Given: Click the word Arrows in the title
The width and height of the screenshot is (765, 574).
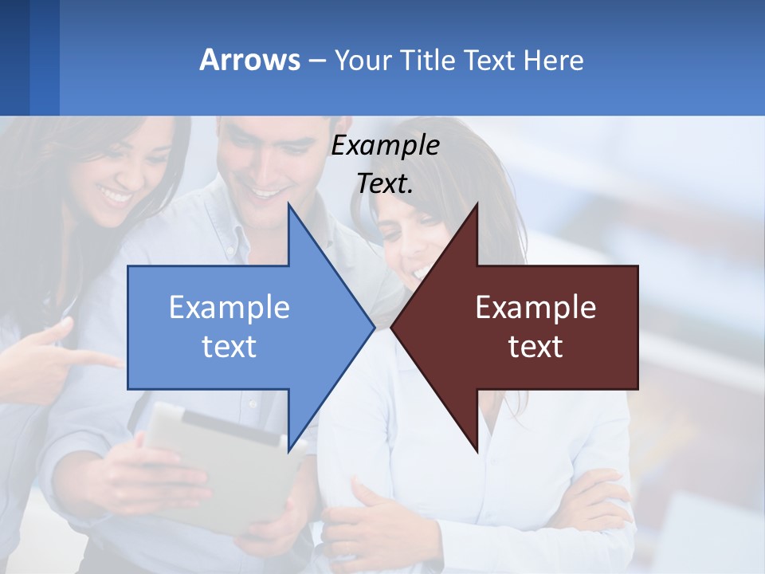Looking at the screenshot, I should (x=250, y=60).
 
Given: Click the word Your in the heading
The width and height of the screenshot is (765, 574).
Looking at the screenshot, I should (x=363, y=61).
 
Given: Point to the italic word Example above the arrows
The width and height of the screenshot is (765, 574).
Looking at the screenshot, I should (x=385, y=146).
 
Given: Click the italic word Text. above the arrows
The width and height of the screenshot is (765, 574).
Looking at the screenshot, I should (x=385, y=183).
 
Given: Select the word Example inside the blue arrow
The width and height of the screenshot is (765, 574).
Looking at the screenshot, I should (x=229, y=308).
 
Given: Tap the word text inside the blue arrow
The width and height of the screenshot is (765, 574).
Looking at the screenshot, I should (x=229, y=346).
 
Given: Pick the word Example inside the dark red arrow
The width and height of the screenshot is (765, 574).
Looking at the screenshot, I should (x=535, y=308).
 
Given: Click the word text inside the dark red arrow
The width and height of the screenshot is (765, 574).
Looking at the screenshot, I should (x=535, y=346).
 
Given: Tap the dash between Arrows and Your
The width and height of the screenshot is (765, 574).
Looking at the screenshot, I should (x=316, y=61).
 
